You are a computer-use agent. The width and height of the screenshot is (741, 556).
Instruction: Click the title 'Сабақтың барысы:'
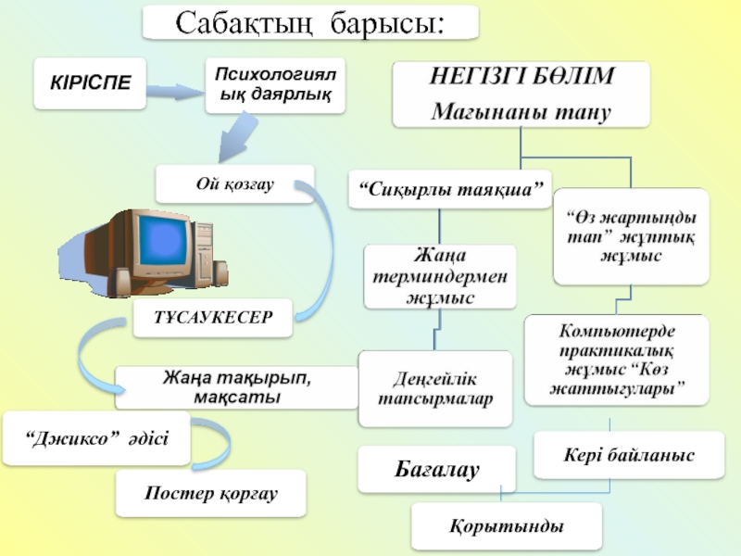(310, 22)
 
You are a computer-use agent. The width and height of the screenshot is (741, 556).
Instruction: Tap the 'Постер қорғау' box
(211, 492)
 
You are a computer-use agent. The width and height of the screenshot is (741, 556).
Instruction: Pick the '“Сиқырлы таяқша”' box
(449, 190)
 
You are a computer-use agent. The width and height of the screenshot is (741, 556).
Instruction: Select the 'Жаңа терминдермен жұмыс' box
(438, 276)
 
